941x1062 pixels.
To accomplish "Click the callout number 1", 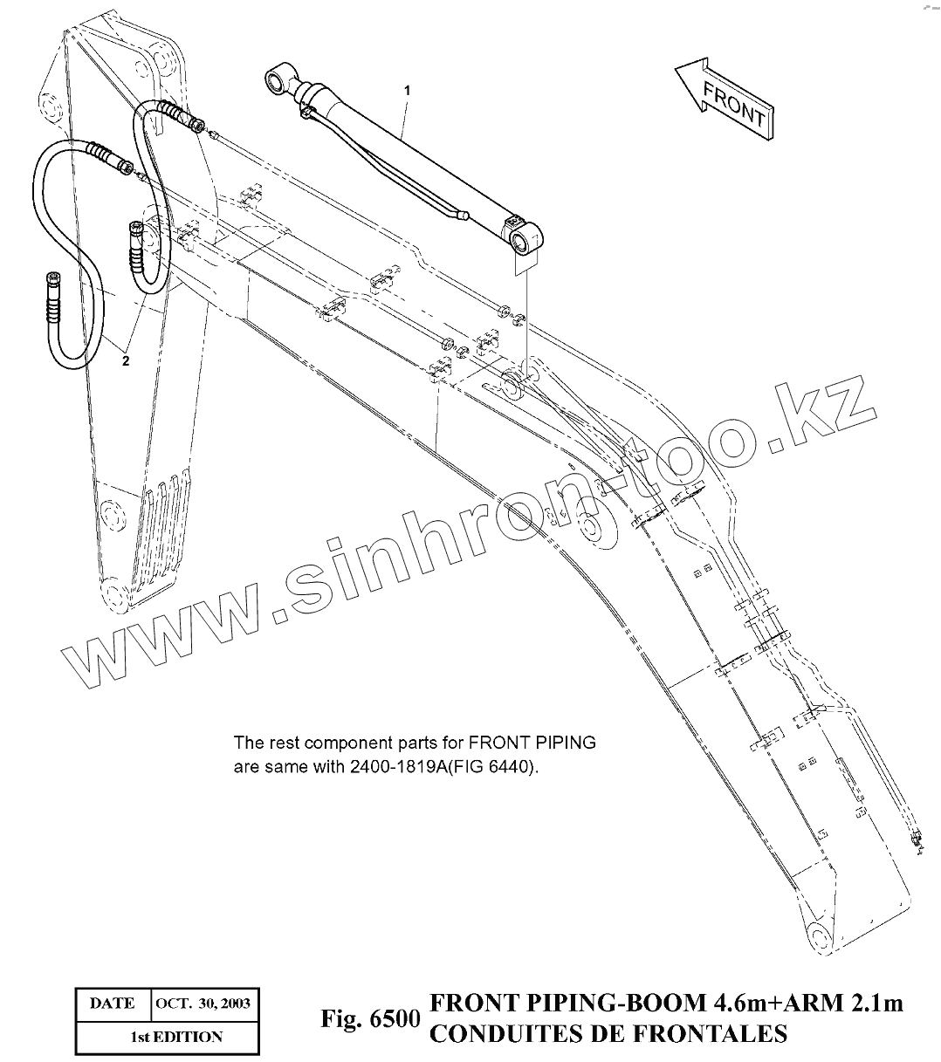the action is [x=407, y=90].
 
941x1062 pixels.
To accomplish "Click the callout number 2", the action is [x=126, y=361].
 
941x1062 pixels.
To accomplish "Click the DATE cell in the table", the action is [x=112, y=1004].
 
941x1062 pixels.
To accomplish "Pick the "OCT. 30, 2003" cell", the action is [x=203, y=1004].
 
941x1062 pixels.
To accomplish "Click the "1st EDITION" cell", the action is [x=164, y=1038].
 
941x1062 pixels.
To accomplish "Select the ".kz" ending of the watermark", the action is [x=821, y=415].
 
